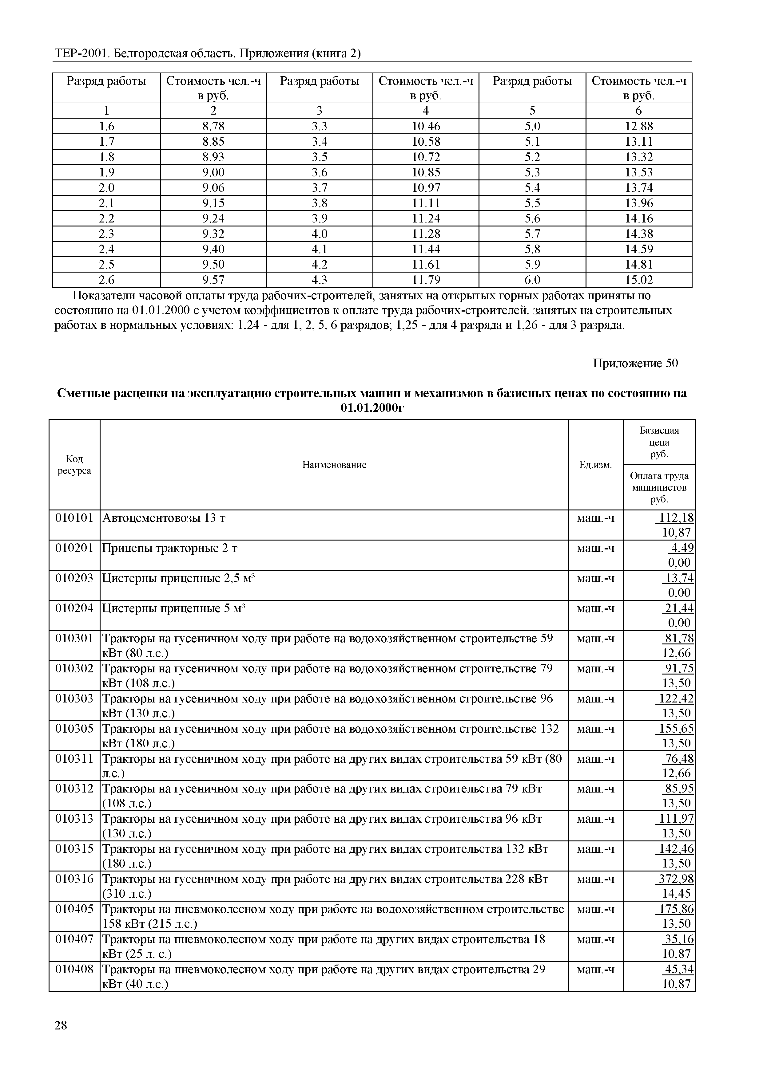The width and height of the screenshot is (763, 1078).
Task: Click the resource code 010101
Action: coord(74,518)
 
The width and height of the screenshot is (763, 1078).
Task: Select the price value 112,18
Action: coord(676,518)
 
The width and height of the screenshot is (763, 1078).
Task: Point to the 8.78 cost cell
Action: coord(213,126)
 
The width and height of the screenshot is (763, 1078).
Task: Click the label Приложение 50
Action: coord(635,364)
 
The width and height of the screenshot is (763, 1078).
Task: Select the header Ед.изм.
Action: coord(595,465)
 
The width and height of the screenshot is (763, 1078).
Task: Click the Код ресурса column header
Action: coord(74,465)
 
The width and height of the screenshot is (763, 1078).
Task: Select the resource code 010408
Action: coord(74,969)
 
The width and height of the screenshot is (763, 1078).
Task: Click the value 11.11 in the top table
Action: coord(426,203)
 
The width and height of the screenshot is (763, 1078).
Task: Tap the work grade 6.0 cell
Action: coord(532,280)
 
